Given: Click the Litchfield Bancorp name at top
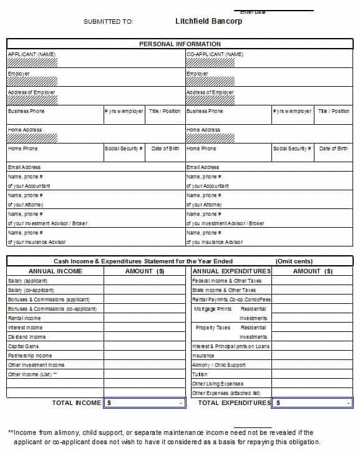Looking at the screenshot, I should (208, 21).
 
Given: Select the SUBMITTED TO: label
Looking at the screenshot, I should (108, 21).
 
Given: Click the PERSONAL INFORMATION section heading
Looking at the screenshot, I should (180, 44).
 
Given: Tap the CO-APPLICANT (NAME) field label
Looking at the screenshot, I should (215, 54).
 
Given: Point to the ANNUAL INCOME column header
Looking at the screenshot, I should (55, 271).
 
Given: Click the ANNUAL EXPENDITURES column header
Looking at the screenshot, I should (231, 271).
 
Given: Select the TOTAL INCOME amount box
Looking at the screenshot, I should (145, 403).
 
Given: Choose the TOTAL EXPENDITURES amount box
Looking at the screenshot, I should (313, 403).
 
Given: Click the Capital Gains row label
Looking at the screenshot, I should (24, 346).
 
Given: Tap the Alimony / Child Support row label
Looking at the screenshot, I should (219, 365).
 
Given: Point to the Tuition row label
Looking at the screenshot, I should (200, 374).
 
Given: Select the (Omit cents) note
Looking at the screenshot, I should (294, 261).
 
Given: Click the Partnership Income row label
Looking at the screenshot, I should (30, 356).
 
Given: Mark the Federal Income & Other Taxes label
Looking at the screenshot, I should (227, 281).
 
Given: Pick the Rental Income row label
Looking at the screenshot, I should (24, 318).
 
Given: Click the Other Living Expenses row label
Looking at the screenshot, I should (218, 384).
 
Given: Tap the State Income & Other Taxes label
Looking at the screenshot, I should (224, 290).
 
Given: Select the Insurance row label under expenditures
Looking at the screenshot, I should (203, 356).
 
